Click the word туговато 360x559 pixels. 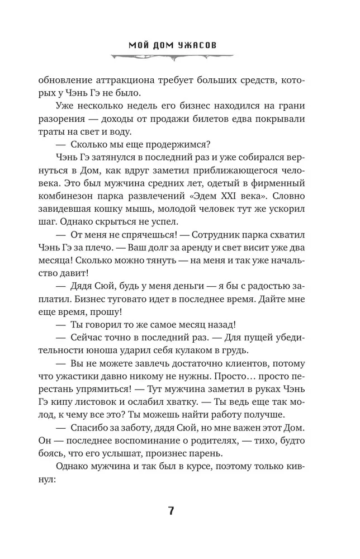[146, 316]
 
